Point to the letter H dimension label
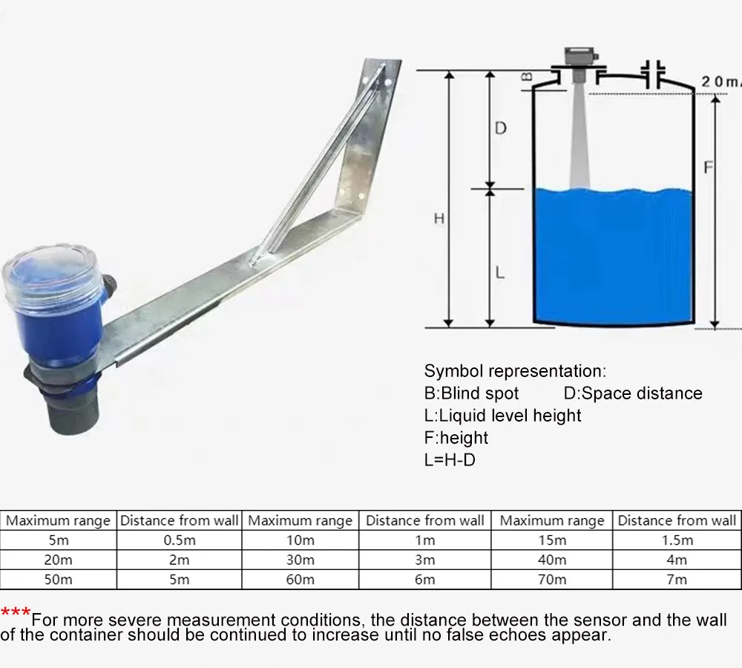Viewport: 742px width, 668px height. (x=439, y=218)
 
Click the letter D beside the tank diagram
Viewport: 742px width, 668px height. (x=500, y=128)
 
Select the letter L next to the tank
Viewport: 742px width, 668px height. (x=499, y=273)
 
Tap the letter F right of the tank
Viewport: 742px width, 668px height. (x=708, y=168)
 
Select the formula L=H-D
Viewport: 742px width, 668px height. (x=450, y=459)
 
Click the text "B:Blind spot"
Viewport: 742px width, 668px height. (x=471, y=393)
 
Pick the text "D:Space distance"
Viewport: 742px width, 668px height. (x=632, y=393)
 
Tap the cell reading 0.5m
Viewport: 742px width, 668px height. (x=179, y=540)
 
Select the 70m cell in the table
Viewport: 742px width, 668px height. (x=552, y=580)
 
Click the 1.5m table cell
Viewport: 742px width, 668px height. (x=677, y=540)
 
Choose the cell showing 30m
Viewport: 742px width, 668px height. (x=300, y=560)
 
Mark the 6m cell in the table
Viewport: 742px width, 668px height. (x=424, y=580)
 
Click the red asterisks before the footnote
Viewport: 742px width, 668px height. (x=16, y=612)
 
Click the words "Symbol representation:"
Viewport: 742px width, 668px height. (x=515, y=371)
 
